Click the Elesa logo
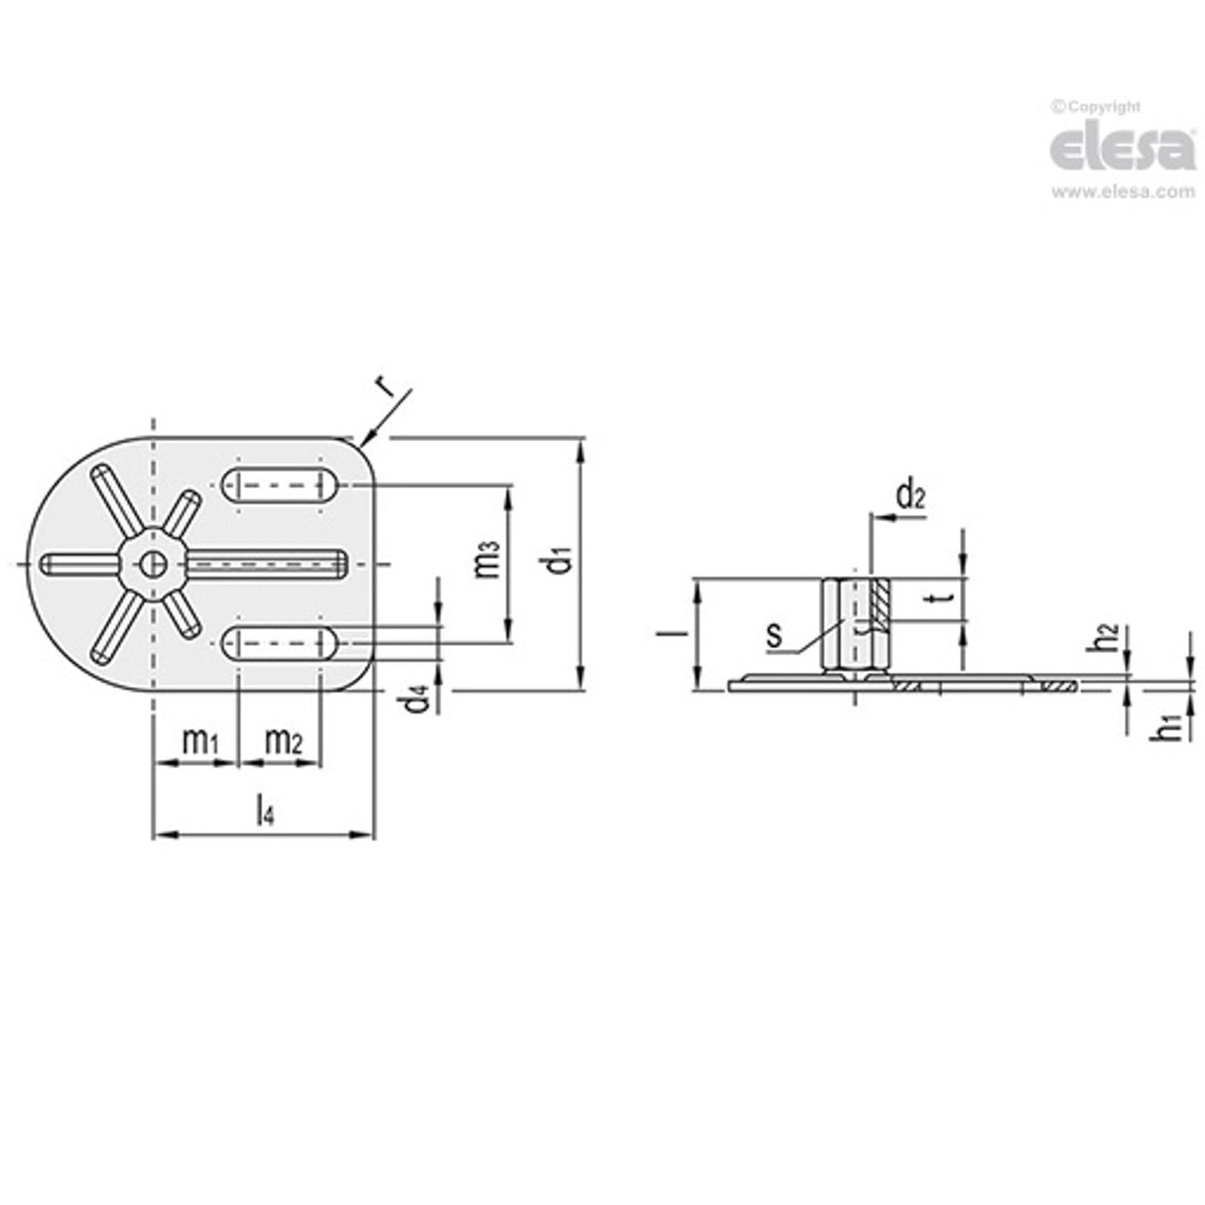point(1122,150)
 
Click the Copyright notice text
point(1096,107)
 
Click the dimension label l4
point(263,812)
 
